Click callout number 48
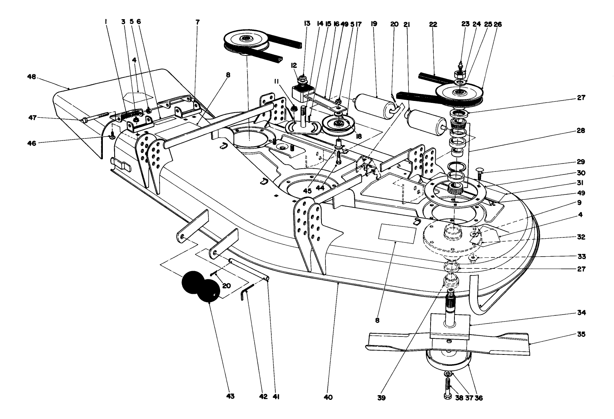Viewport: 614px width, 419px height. click(32, 77)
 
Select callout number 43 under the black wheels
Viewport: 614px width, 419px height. click(230, 397)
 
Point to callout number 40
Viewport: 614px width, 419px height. click(328, 397)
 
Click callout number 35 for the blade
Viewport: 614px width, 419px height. click(580, 335)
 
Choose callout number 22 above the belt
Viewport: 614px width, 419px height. click(433, 24)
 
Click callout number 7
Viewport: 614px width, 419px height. click(197, 22)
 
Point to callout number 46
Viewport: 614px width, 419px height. click(31, 144)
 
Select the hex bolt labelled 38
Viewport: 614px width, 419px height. click(449, 387)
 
